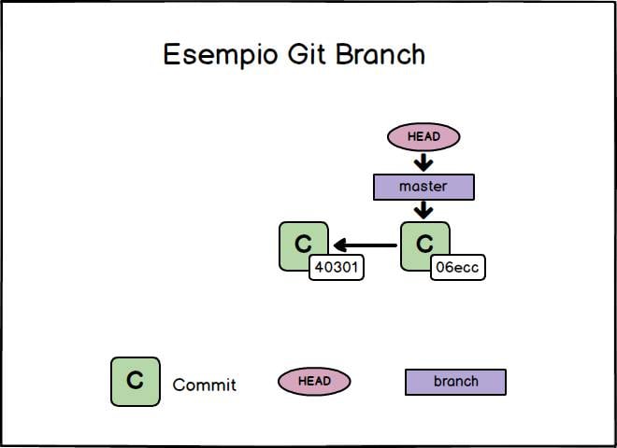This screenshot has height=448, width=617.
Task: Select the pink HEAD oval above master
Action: pos(423,137)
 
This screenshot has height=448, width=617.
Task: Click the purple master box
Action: pos(423,187)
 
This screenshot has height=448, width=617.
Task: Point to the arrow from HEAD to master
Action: pos(423,162)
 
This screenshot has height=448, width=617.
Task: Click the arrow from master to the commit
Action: pos(423,211)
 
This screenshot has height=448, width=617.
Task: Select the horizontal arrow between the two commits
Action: pos(366,245)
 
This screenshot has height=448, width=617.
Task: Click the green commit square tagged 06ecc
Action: pos(420,243)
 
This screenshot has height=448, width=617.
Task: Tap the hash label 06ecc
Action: pos(458,268)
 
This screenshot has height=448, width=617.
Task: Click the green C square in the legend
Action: pos(135,381)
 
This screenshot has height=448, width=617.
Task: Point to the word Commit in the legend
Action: pos(205,385)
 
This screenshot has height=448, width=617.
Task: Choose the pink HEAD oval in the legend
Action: pos(314,381)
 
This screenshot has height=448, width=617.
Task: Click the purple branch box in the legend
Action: pos(455,382)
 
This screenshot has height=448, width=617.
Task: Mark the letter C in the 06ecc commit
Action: pos(424,244)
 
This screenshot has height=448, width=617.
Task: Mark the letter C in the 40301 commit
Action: pos(303,244)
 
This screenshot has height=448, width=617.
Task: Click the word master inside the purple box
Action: pos(423,187)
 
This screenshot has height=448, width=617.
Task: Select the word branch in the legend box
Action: pos(455,382)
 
